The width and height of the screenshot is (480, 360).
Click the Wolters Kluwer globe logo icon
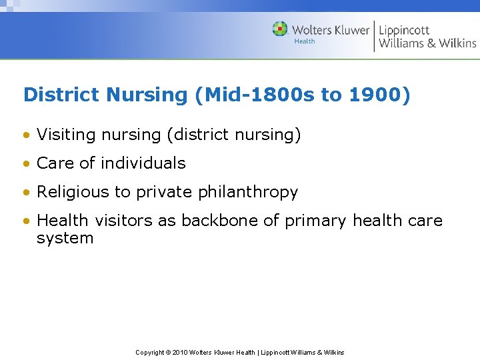pyautogui.click(x=280, y=29)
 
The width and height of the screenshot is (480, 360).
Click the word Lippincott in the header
pyautogui.click(x=404, y=30)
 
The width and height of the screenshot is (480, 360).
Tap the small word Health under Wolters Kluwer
pyautogui.click(x=305, y=41)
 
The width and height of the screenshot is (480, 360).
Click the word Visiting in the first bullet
pyautogui.click(x=66, y=135)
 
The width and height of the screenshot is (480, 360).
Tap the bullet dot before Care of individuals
pyautogui.click(x=26, y=163)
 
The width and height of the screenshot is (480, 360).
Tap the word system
pyautogui.click(x=65, y=239)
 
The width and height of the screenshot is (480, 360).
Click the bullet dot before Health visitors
pyautogui.click(x=26, y=221)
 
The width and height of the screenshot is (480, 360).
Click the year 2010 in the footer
pyautogui.click(x=180, y=352)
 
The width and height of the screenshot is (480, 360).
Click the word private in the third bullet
pyautogui.click(x=161, y=192)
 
